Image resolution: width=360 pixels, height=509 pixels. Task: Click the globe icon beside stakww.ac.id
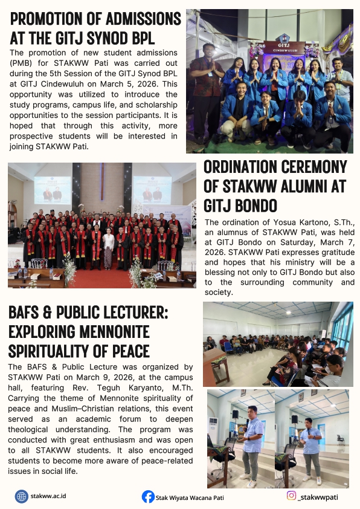(x=22, y=496)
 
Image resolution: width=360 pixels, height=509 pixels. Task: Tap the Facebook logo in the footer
(x=148, y=497)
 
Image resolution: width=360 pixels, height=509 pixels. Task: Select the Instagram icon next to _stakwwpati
(x=292, y=496)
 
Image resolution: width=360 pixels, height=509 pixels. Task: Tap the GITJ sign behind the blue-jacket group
(x=284, y=47)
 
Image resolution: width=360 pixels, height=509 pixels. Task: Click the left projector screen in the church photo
(x=52, y=189)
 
